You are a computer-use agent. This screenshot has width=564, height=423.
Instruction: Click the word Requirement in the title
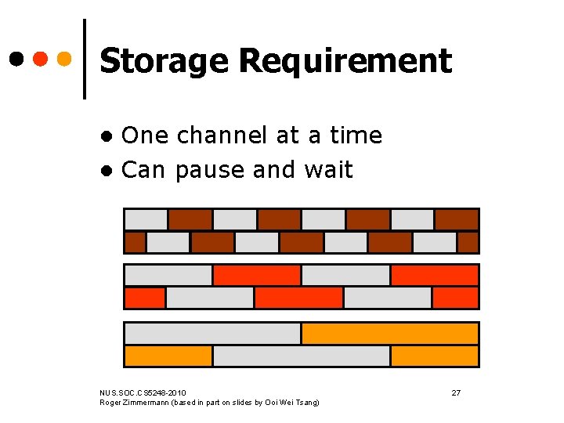tap(345, 61)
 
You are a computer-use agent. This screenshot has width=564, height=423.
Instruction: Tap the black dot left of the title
tap(16, 58)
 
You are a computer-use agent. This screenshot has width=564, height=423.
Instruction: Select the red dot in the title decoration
tap(41, 58)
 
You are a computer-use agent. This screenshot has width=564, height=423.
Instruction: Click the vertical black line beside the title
tap(84, 58)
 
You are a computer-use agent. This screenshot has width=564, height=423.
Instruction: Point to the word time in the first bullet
tap(356, 136)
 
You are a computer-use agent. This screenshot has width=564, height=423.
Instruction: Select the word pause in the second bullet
tap(204, 170)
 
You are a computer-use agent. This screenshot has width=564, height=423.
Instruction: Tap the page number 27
tap(456, 392)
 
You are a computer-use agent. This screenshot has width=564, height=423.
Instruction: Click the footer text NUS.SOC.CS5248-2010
tap(143, 392)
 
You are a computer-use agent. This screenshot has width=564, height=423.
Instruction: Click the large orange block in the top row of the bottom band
tap(389, 334)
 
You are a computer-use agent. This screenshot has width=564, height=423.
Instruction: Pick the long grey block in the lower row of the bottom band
tap(301, 356)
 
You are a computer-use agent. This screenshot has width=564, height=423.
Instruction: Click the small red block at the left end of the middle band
tap(145, 298)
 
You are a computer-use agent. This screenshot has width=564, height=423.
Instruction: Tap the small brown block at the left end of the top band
tap(135, 242)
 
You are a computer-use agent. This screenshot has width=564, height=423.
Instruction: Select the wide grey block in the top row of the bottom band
tap(212, 334)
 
